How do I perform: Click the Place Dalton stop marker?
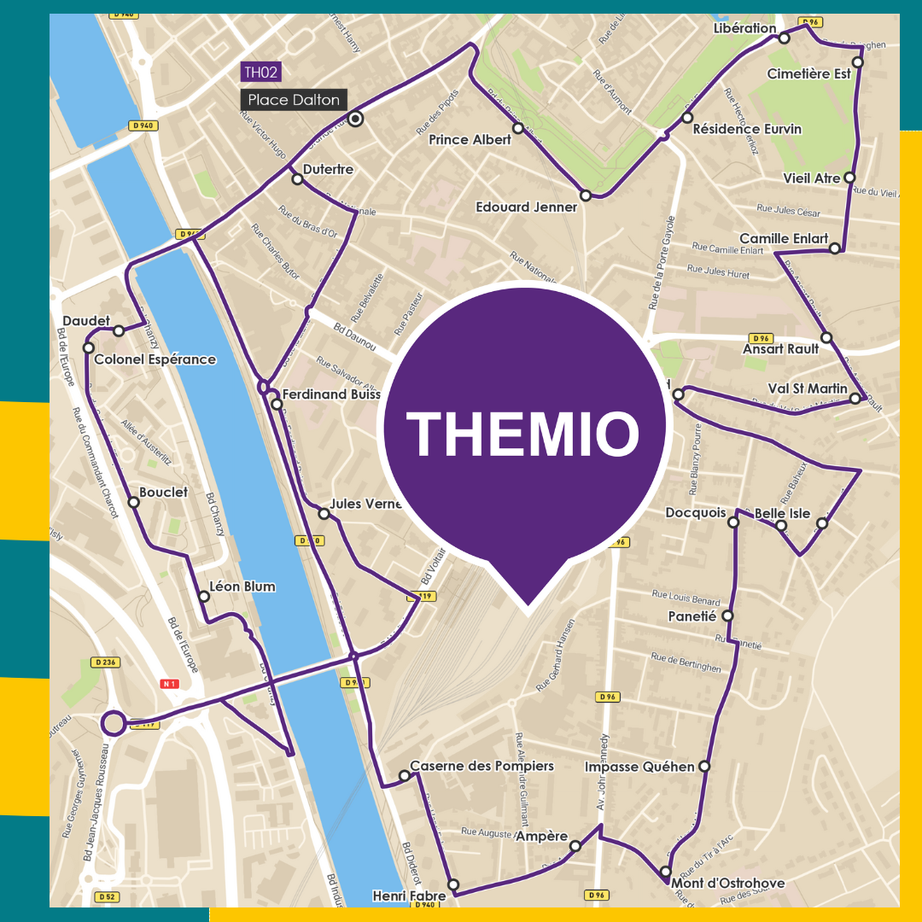(356, 119)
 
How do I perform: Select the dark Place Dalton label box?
(294, 100)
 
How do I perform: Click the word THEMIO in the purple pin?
(522, 434)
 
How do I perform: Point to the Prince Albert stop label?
(470, 139)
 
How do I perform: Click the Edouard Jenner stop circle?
(585, 195)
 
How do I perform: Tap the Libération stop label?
(744, 28)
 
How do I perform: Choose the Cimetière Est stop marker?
(857, 62)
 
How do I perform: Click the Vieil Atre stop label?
(812, 178)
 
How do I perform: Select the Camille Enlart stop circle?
(835, 248)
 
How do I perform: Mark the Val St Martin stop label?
(808, 388)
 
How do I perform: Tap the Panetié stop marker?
(727, 616)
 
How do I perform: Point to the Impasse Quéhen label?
(639, 767)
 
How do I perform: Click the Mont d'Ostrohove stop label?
(727, 883)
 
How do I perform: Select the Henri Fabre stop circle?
(453, 884)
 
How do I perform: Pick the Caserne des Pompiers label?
(481, 766)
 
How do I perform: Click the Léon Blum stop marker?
(204, 596)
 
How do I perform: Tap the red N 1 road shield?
(170, 684)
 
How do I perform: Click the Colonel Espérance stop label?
(155, 359)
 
